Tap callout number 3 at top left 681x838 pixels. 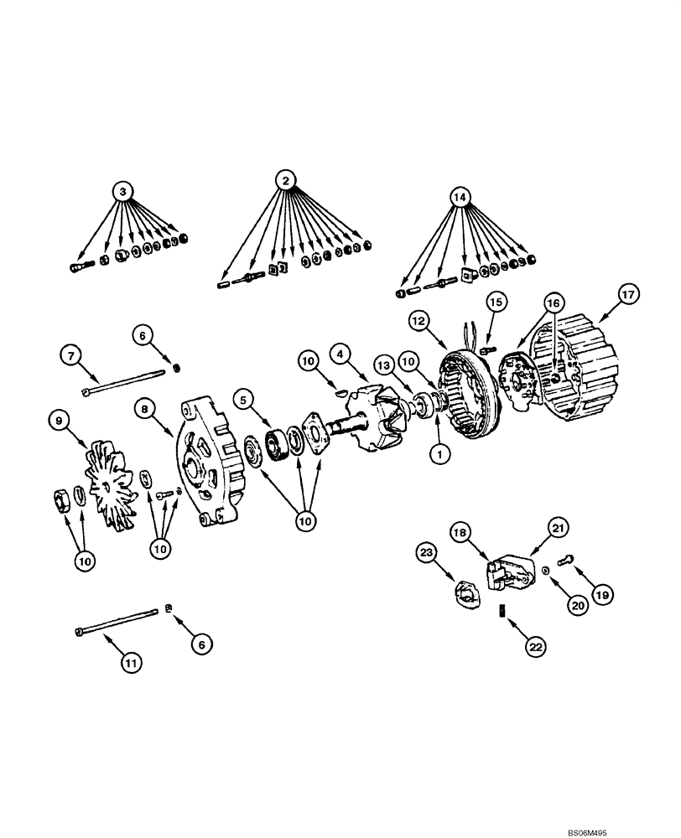pyautogui.click(x=123, y=193)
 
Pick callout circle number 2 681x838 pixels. pyautogui.click(x=285, y=179)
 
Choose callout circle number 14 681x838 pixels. pyautogui.click(x=459, y=198)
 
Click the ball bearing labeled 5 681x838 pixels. pyautogui.click(x=278, y=438)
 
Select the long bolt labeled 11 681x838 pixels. pyautogui.click(x=117, y=623)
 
